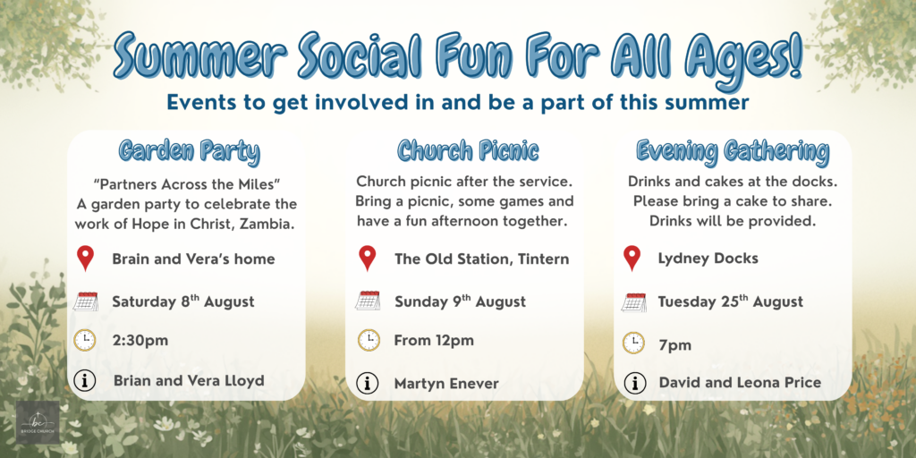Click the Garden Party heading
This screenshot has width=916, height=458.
pyautogui.click(x=189, y=151)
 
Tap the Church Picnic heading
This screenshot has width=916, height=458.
pyautogui.click(x=467, y=151)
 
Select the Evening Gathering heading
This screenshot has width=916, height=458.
pyautogui.click(x=733, y=151)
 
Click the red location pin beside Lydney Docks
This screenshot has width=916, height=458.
pyautogui.click(x=632, y=259)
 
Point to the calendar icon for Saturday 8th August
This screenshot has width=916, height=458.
pyautogui.click(x=85, y=301)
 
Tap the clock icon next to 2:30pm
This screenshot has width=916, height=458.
pyautogui.click(x=85, y=340)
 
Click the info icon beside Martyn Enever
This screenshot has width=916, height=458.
pyautogui.click(x=367, y=383)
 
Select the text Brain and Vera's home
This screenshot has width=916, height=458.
pyautogui.click(x=193, y=259)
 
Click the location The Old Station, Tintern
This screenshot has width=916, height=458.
pyautogui.click(x=481, y=259)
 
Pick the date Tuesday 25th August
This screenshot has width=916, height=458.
pyautogui.click(x=730, y=301)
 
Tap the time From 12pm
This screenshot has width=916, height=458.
pyautogui.click(x=434, y=340)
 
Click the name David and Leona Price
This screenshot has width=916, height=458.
pyautogui.click(x=740, y=383)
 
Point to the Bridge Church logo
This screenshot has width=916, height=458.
pyautogui.click(x=38, y=422)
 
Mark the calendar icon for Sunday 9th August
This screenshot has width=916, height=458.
pyautogui.click(x=368, y=301)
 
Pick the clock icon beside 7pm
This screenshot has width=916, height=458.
pyautogui.click(x=633, y=343)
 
